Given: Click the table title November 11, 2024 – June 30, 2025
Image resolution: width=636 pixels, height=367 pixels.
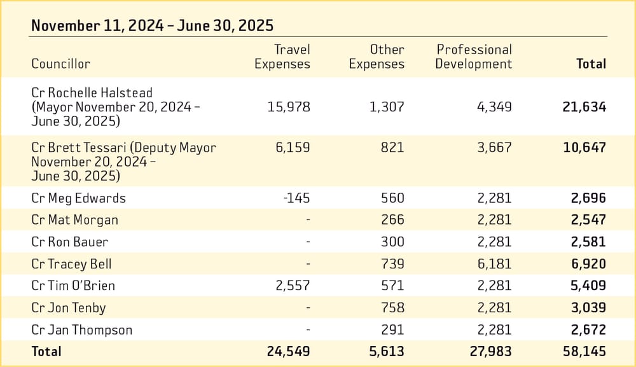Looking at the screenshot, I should tap(152, 25).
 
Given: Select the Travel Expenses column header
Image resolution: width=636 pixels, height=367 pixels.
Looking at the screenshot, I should tap(282, 57).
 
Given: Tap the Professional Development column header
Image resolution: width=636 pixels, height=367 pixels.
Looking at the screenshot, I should tap(473, 57).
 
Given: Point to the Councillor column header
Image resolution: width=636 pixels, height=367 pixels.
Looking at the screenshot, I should tap(61, 64).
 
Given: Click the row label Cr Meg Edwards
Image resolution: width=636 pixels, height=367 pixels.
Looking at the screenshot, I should tap(78, 198).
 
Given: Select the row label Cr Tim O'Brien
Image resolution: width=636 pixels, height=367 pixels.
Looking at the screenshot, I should tap(73, 286).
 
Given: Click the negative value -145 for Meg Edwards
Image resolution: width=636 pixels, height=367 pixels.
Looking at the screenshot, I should tap(296, 198).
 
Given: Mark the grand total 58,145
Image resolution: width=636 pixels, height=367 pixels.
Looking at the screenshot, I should tap(584, 351).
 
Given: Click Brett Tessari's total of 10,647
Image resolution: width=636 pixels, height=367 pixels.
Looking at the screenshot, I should tap(584, 148).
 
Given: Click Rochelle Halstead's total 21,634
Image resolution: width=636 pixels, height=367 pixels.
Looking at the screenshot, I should tap(584, 107).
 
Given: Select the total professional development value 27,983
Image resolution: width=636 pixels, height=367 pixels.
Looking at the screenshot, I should tap(490, 351).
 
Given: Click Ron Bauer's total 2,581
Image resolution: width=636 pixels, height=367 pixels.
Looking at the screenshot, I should tap(588, 242).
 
